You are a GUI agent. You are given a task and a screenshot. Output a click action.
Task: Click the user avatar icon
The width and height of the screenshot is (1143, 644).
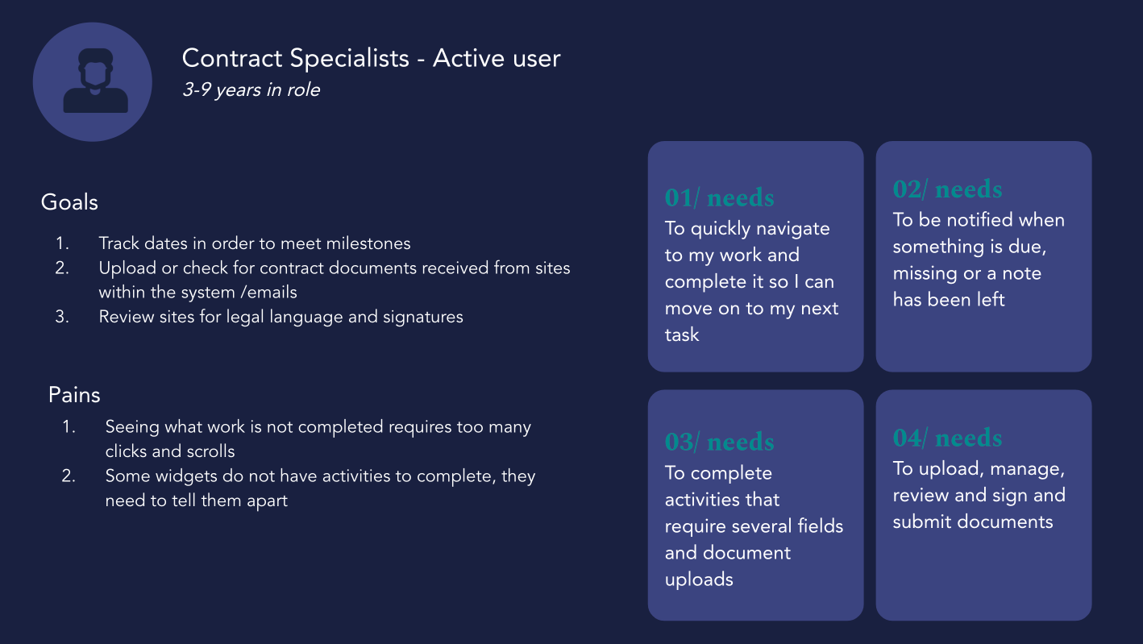pos(93,81)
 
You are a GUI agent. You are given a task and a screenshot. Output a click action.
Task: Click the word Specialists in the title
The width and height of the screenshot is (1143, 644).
pos(350,58)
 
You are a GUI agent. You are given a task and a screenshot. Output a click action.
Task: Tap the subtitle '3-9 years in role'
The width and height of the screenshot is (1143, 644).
pos(251,89)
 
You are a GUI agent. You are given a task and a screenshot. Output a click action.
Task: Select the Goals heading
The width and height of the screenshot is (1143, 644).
pos(69,202)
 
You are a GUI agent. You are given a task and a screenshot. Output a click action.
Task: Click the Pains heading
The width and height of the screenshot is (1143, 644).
pos(74,395)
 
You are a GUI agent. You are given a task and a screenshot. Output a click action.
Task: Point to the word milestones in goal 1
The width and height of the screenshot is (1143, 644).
pos(368,243)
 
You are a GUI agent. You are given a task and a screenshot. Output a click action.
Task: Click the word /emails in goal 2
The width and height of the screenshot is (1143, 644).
pos(268,293)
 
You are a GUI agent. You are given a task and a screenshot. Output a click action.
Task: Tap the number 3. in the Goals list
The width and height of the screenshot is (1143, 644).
pos(62,317)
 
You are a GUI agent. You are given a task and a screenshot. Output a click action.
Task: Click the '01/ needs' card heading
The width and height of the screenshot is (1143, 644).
pos(719,197)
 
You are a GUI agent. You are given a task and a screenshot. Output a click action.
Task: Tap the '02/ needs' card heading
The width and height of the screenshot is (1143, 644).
pos(947,189)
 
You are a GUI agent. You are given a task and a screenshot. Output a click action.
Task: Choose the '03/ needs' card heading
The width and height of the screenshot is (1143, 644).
pos(719,442)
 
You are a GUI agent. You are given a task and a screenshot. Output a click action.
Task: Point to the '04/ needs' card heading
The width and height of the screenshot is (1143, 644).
pos(947,438)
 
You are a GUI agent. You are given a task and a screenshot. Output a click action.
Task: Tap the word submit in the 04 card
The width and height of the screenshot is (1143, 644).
pos(921,522)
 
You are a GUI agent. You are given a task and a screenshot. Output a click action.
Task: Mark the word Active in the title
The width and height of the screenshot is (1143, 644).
pos(468,58)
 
